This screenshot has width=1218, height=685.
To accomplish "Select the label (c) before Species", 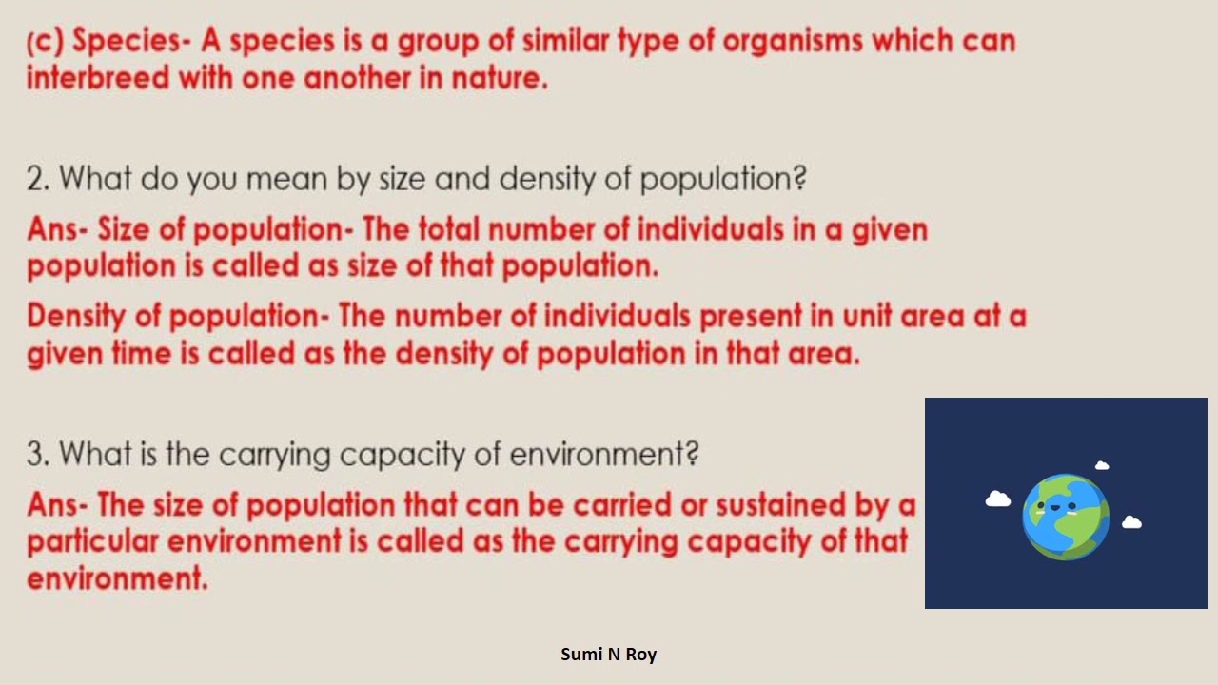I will (46, 41).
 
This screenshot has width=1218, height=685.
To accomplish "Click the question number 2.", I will (37, 178).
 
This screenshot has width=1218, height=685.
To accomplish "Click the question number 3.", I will (37, 454).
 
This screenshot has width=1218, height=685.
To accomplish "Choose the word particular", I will (92, 541).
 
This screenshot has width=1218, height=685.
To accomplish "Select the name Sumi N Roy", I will (609, 654).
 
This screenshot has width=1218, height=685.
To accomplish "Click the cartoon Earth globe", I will (1066, 517).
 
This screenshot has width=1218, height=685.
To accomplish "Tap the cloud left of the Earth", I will (998, 499).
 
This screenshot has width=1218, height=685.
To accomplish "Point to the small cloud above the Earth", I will (1102, 465).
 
